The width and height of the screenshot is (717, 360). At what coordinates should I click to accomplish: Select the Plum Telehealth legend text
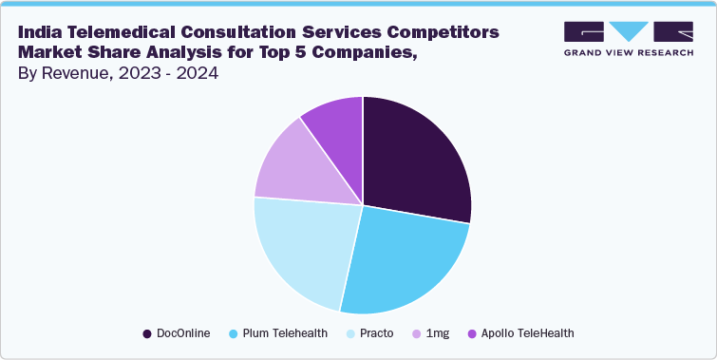(x=284, y=333)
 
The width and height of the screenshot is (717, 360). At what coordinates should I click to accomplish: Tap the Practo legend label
(x=377, y=333)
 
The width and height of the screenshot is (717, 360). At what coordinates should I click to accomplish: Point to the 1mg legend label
(x=437, y=333)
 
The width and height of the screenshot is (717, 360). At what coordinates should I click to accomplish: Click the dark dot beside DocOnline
(x=147, y=333)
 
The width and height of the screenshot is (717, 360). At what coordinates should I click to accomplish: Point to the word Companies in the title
(x=364, y=53)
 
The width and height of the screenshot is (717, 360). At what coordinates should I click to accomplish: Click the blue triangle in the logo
(x=627, y=30)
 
